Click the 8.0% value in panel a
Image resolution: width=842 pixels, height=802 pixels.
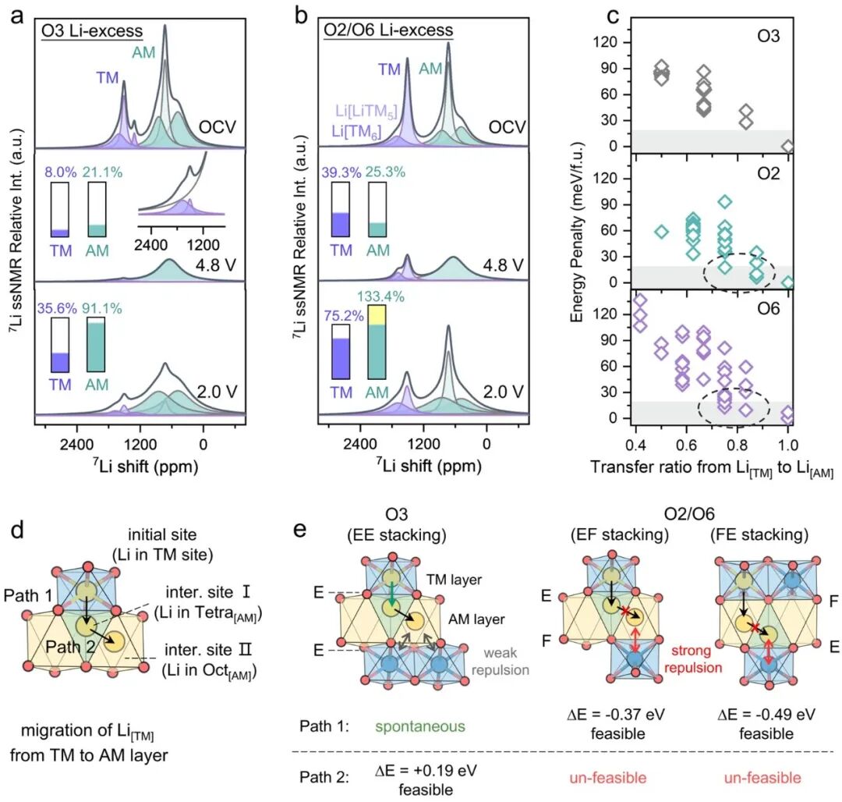point(59,172)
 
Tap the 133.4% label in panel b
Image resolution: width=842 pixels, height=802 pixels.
point(380,296)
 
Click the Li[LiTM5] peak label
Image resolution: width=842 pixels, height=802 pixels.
point(366,112)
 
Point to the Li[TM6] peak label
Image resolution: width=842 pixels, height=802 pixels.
point(356,132)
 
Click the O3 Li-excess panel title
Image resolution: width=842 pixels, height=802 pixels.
point(92,30)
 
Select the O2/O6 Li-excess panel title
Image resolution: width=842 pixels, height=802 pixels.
point(388,30)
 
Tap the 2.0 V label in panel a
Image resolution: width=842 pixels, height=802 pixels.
point(217,392)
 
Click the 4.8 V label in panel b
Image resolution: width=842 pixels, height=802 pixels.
point(503,264)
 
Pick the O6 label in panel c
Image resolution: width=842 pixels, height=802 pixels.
point(768,309)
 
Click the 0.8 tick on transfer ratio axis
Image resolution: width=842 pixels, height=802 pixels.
point(738,445)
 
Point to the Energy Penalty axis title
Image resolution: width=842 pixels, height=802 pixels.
point(577,232)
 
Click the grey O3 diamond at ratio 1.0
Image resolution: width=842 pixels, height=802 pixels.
point(787,146)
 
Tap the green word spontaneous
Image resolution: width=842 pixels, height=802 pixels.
point(420,727)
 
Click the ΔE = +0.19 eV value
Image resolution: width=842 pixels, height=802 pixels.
point(426,770)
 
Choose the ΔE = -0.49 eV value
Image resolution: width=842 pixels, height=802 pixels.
point(766,715)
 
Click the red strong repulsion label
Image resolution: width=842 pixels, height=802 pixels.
point(693,659)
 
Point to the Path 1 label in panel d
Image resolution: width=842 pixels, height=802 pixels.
point(28,595)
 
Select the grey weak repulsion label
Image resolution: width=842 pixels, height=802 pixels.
point(501,662)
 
